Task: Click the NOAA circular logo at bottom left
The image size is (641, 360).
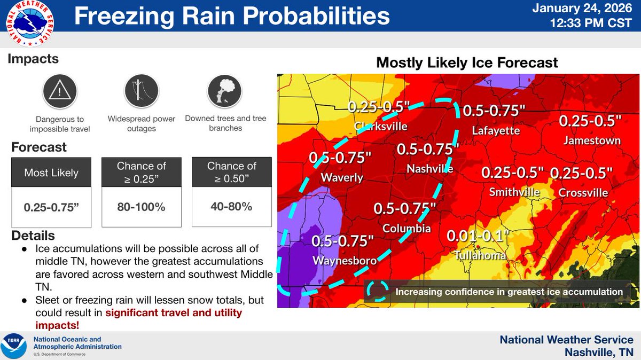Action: click(15, 346)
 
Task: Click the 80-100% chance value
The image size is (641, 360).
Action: click(141, 207)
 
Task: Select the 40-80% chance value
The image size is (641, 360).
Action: click(231, 206)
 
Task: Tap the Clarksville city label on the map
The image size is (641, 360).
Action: click(381, 127)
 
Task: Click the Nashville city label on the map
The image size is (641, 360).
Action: click(430, 168)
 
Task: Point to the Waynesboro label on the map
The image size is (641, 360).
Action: click(345, 261)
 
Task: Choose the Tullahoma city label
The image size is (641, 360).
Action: click(480, 256)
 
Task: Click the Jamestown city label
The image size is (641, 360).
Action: click(592, 140)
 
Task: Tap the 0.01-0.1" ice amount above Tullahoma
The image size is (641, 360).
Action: click(479, 236)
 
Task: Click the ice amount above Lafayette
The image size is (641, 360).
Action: click(494, 111)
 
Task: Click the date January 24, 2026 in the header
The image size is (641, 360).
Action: click(590, 10)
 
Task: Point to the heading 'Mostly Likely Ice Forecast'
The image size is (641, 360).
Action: click(467, 62)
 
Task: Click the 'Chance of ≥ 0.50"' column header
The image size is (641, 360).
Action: click(231, 173)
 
